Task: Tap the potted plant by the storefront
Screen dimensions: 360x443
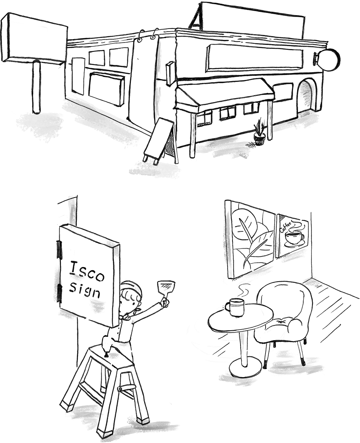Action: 260,132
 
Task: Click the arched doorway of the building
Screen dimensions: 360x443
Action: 305,96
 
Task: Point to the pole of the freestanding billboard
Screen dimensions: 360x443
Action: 37,87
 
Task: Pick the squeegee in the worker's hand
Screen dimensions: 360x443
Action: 165,291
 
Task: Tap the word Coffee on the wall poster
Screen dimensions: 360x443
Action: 286,225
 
